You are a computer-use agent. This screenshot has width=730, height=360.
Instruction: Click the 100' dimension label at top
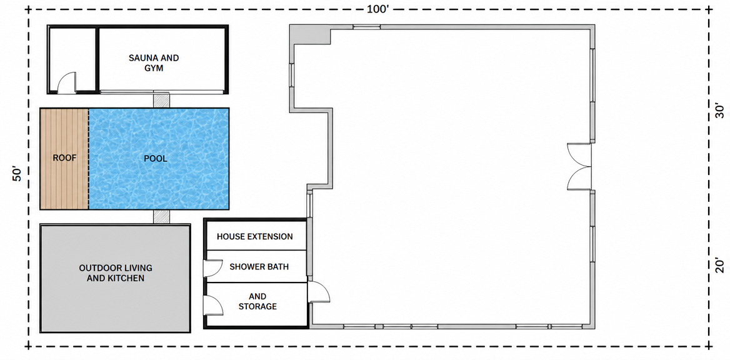378,9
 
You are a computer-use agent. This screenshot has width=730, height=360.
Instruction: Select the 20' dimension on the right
719,266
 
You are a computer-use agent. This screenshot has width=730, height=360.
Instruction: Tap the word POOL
156,158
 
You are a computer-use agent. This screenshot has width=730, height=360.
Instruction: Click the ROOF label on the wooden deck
64,158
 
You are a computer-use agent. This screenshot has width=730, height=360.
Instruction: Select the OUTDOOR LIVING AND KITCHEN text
116,273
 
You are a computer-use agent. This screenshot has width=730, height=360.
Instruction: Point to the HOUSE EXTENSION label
254,237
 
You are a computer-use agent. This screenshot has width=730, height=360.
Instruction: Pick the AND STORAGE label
257,301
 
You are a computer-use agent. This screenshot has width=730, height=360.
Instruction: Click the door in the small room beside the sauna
66,82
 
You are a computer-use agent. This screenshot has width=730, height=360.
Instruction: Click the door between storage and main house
319,292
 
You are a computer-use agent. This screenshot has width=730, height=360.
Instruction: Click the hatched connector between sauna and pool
161,100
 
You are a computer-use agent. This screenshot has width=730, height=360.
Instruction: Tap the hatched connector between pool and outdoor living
161,216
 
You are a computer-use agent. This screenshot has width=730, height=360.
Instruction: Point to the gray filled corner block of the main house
309,34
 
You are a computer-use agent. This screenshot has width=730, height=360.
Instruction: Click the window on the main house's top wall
366,26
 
